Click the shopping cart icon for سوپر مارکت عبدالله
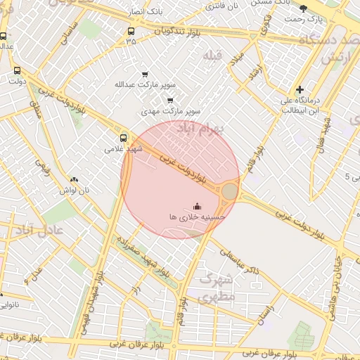click(x=145, y=75)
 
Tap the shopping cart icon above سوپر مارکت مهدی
click(x=169, y=100)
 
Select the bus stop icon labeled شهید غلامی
click(x=124, y=137)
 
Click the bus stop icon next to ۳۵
click(x=131, y=31)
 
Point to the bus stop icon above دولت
click(x=18, y=70)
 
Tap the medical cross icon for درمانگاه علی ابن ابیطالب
click(x=300, y=89)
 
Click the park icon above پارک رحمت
click(x=303, y=8)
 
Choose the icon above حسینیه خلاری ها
click(x=197, y=206)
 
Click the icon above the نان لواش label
click(x=74, y=179)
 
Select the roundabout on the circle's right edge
click(x=230, y=191)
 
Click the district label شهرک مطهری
click(x=216, y=288)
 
